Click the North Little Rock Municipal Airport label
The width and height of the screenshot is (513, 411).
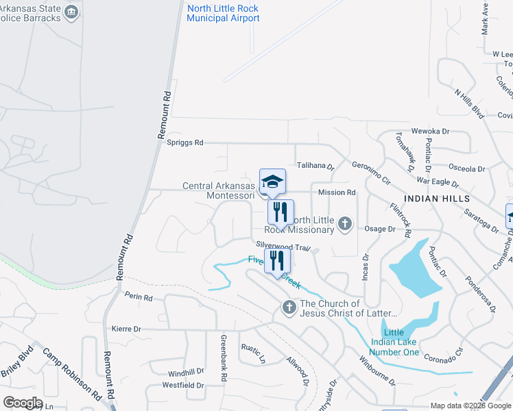coord(223,13)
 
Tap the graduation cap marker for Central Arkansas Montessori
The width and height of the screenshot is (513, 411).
coord(272,182)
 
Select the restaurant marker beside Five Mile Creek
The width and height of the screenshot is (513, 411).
coord(278,261)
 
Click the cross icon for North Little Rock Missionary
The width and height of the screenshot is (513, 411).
coord(345,223)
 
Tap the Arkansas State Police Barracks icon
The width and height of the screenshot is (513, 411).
coord(72,12)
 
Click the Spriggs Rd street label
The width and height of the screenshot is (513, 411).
coord(185,142)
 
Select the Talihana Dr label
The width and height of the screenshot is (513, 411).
coord(315,166)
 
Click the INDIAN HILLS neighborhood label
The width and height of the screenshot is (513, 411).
coord(437,198)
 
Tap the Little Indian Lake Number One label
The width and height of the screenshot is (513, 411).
coord(394,342)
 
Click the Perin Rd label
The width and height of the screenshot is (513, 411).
coord(139,297)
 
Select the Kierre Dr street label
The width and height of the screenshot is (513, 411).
coord(127,329)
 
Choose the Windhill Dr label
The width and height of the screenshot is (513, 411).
coord(186,373)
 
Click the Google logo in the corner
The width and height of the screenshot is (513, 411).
coord(23,402)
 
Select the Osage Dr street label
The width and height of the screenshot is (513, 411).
coord(381,229)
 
